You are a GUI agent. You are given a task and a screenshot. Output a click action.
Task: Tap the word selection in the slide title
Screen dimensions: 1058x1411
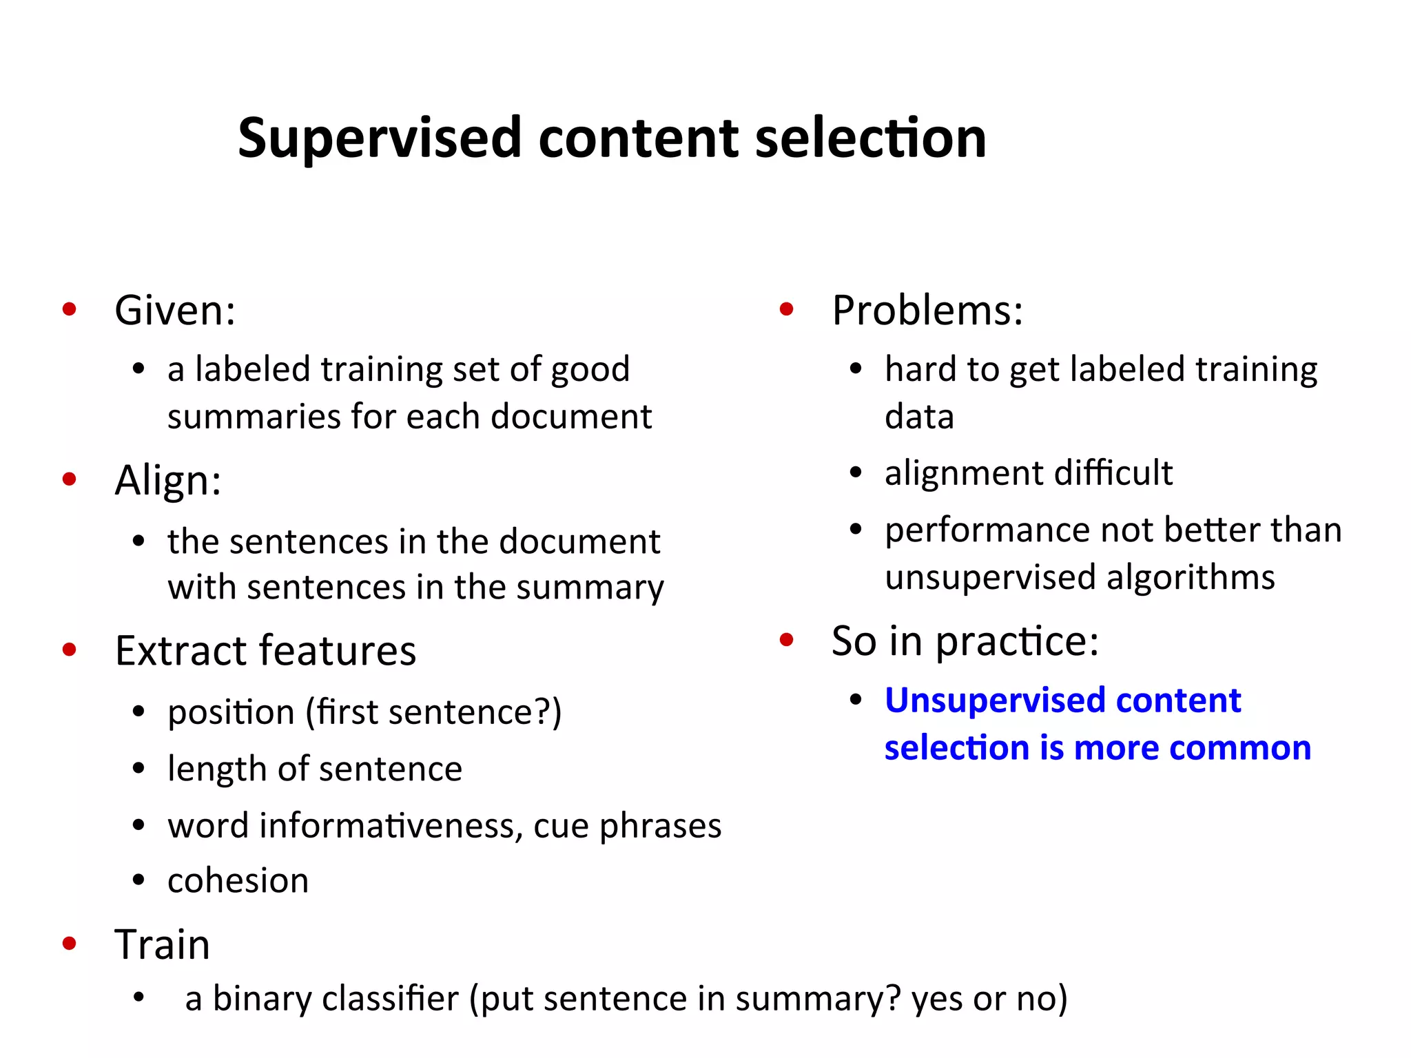point(871,138)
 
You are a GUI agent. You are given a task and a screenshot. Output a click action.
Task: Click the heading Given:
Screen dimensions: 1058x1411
point(175,310)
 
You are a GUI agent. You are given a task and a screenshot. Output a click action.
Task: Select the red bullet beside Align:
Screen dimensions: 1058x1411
point(69,479)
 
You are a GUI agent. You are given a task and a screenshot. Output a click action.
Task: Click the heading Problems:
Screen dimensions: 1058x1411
point(927,310)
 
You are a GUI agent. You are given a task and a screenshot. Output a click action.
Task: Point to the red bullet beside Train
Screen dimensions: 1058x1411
point(69,943)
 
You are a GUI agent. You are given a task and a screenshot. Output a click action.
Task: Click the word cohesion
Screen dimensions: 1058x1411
point(238,881)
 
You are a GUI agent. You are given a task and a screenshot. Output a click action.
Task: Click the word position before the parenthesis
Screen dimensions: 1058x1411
point(231,713)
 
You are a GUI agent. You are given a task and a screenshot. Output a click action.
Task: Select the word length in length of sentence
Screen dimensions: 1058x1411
point(216,769)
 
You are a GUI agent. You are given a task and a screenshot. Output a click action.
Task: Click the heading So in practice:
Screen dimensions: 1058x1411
point(965,641)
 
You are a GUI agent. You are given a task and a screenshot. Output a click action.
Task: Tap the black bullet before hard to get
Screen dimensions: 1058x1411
point(856,369)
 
